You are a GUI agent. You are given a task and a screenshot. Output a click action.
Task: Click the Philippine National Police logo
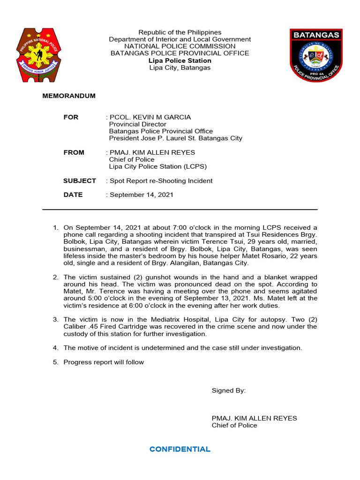pyautogui.click(x=39, y=55)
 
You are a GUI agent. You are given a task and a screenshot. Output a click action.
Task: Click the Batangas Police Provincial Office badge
pyautogui.click(x=316, y=55)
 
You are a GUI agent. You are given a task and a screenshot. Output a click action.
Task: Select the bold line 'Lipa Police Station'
pyautogui.click(x=180, y=60)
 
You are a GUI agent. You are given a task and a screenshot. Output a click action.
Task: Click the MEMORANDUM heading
pyautogui.click(x=69, y=96)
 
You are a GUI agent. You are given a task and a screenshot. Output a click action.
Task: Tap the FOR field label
pyautogui.click(x=71, y=117)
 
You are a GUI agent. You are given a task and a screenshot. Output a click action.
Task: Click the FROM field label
pyautogui.click(x=74, y=152)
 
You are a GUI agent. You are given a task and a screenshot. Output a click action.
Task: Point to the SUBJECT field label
pyautogui.click(x=79, y=180)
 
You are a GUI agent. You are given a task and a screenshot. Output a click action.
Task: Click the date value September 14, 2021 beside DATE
pyautogui.click(x=141, y=195)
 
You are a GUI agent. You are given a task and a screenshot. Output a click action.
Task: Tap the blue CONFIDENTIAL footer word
pyautogui.click(x=180, y=449)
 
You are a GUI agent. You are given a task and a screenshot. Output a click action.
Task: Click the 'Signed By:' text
pyautogui.click(x=228, y=390)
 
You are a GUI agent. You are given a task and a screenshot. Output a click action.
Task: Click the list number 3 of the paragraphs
pyautogui.click(x=55, y=319)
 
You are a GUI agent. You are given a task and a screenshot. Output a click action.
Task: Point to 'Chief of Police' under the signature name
pyautogui.click(x=234, y=425)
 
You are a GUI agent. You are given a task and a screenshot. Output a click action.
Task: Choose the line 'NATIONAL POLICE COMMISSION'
pyautogui.click(x=180, y=46)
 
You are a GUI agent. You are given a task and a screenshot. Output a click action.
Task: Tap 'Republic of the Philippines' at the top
pyautogui.click(x=180, y=32)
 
